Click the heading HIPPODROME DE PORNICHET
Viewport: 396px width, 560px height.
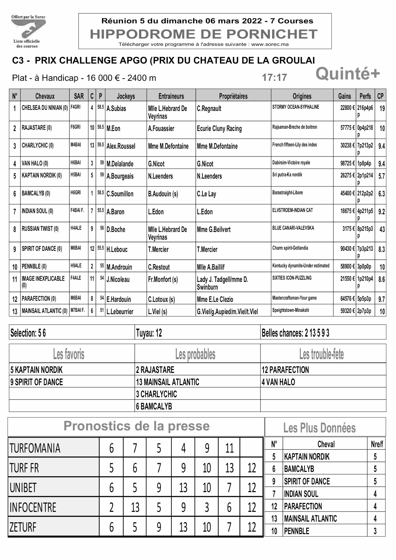click(x=204, y=34)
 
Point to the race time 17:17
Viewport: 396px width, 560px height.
click(x=274, y=78)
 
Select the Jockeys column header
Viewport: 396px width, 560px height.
click(x=126, y=96)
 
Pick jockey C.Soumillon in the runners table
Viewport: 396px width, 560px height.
click(x=120, y=194)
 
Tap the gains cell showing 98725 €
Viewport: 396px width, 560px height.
click(x=347, y=163)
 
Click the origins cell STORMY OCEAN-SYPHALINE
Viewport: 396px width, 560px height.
click(x=296, y=107)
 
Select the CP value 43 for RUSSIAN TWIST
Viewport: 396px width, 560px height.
click(x=382, y=230)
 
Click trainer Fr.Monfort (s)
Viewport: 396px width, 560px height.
click(x=163, y=279)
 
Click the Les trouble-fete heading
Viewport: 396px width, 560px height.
click(x=321, y=354)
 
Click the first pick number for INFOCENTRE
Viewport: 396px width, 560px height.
click(x=111, y=508)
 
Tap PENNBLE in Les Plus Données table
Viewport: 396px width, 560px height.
click(x=297, y=531)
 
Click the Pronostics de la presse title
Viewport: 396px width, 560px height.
click(x=136, y=426)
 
